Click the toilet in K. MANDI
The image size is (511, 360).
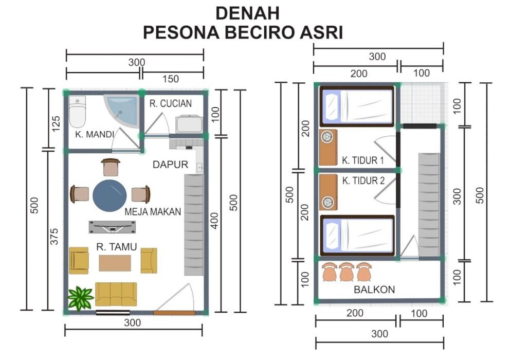78,111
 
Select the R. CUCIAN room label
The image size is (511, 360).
171,103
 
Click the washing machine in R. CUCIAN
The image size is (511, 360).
189,124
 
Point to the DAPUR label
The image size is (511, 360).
171,165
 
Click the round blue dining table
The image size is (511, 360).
109,195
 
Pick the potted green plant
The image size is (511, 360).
80,298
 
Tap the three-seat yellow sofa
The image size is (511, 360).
116,294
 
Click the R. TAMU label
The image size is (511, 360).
116,247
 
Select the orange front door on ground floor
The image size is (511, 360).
174,313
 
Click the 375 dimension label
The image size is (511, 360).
54,237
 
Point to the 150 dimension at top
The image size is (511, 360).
171,79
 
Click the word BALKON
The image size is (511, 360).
374,289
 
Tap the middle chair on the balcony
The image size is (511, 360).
346,272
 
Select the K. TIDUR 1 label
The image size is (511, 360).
363,160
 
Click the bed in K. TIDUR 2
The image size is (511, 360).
357,236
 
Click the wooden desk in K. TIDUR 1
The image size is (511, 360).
328,148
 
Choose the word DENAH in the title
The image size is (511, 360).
248,13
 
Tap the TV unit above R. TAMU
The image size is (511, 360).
113,227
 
